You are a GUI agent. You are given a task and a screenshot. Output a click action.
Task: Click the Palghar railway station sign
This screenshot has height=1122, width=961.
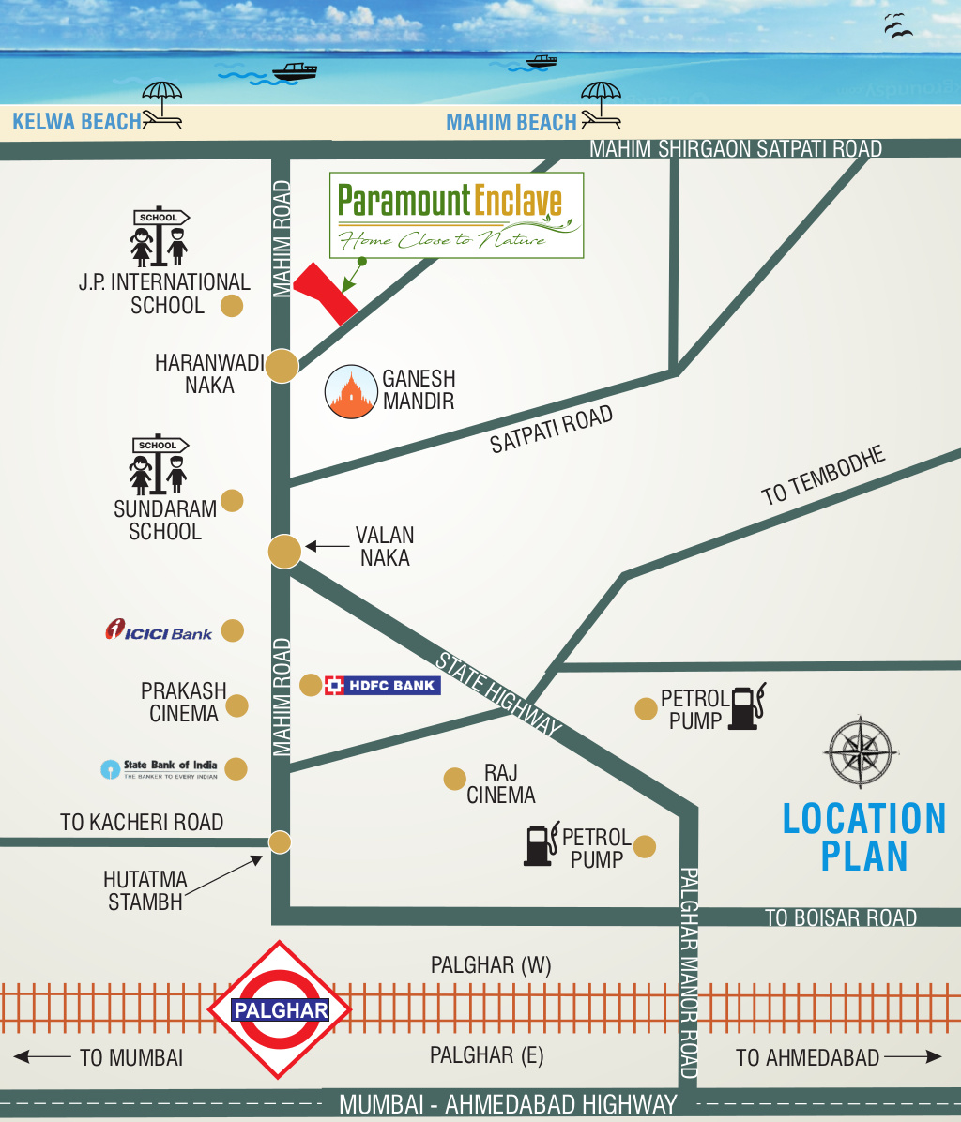pyautogui.click(x=280, y=1010)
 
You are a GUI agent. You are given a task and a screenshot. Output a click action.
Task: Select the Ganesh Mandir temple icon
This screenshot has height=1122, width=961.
pyautogui.click(x=350, y=391)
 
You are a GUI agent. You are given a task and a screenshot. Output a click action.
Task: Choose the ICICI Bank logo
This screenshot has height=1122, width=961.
pyautogui.click(x=159, y=630)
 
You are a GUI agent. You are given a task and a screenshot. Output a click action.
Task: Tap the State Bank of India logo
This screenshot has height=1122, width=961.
pyautogui.click(x=160, y=769)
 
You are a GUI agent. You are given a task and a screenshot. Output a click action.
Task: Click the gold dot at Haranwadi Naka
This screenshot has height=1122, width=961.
pyautogui.click(x=282, y=366)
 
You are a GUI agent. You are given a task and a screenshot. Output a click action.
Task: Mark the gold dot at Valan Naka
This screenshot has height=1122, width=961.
pyautogui.click(x=284, y=551)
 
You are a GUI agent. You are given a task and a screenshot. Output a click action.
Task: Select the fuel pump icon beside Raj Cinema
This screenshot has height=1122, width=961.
pyautogui.click(x=540, y=843)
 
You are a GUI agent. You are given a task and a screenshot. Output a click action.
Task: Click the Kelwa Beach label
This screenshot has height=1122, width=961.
pyautogui.click(x=77, y=121)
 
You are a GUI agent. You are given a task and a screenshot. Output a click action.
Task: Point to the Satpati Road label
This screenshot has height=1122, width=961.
pyautogui.click(x=551, y=429)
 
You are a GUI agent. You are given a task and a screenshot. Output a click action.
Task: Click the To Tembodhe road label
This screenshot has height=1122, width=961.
pyautogui.click(x=823, y=478)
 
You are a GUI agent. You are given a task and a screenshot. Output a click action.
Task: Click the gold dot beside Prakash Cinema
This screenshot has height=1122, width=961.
pyautogui.click(x=237, y=705)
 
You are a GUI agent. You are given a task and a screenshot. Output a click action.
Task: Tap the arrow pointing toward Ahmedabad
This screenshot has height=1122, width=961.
pyautogui.click(x=912, y=1056)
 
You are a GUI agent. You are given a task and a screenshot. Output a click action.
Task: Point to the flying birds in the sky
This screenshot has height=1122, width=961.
pyautogui.click(x=897, y=27)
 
